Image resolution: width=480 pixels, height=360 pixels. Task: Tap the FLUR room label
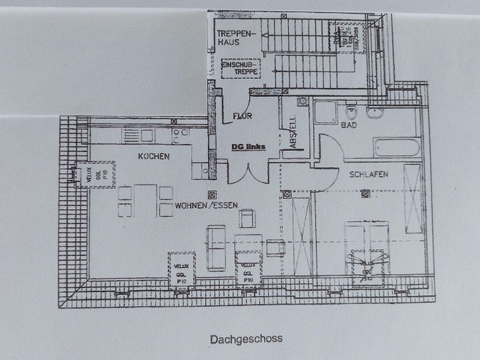click(x=242, y=116)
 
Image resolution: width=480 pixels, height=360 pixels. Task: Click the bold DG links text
click(x=249, y=146)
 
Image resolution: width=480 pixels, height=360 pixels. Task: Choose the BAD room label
click(x=348, y=125)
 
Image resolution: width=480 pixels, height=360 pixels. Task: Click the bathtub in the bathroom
click(x=396, y=147)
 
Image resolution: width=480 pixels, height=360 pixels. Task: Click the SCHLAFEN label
click(x=367, y=174)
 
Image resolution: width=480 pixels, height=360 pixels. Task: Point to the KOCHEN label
click(x=153, y=156)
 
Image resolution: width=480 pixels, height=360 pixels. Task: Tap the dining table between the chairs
click(x=145, y=200)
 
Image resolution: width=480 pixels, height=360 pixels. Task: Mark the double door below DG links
click(x=247, y=170)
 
